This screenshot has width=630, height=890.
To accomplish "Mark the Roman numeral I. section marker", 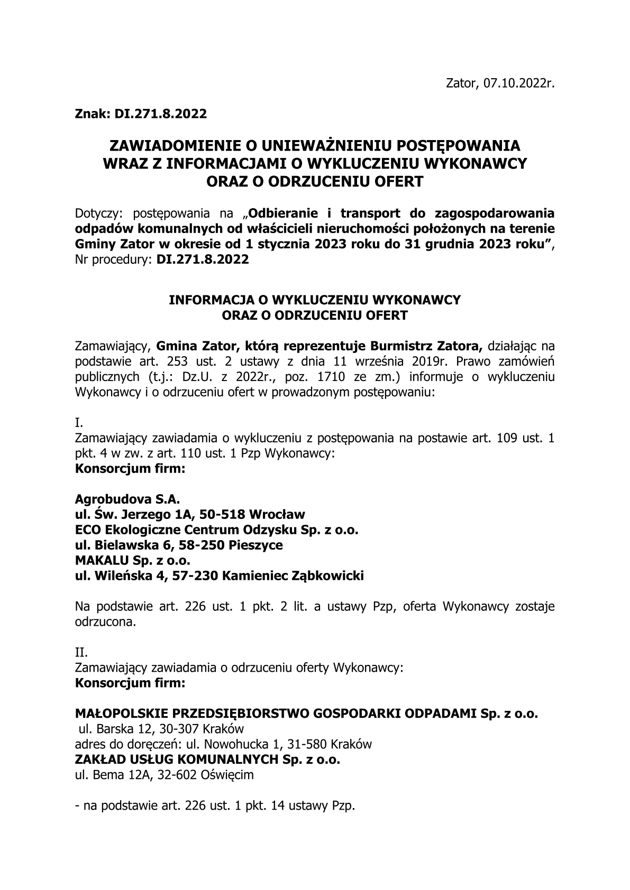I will tap(79, 423).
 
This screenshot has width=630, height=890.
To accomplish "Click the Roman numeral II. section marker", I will tap(81, 653).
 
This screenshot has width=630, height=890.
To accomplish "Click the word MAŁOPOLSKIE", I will tap(120, 714).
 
